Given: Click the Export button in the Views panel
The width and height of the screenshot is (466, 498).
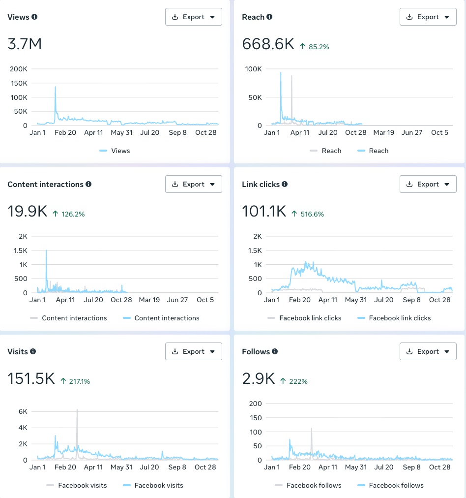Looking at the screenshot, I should [193, 17].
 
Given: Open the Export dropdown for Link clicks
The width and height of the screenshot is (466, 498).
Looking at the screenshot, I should [428, 184].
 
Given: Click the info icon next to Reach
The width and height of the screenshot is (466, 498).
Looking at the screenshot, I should [269, 17].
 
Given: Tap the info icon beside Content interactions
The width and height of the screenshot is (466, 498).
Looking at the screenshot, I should [88, 184].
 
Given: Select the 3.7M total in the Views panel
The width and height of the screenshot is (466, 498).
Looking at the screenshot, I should [25, 44].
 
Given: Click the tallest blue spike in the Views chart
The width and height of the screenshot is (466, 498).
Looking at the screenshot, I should [55, 88].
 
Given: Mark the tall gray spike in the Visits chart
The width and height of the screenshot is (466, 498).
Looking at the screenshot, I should [77, 410].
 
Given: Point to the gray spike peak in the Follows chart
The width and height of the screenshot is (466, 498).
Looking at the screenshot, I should [312, 429].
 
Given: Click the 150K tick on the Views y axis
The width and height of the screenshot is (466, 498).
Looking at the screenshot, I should [19, 83].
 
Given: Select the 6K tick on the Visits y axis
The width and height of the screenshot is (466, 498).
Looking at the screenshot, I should [23, 411].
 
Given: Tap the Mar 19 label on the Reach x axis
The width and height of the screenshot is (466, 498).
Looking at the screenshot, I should [383, 132].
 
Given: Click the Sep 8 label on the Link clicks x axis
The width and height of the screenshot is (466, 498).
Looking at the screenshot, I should [412, 300].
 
